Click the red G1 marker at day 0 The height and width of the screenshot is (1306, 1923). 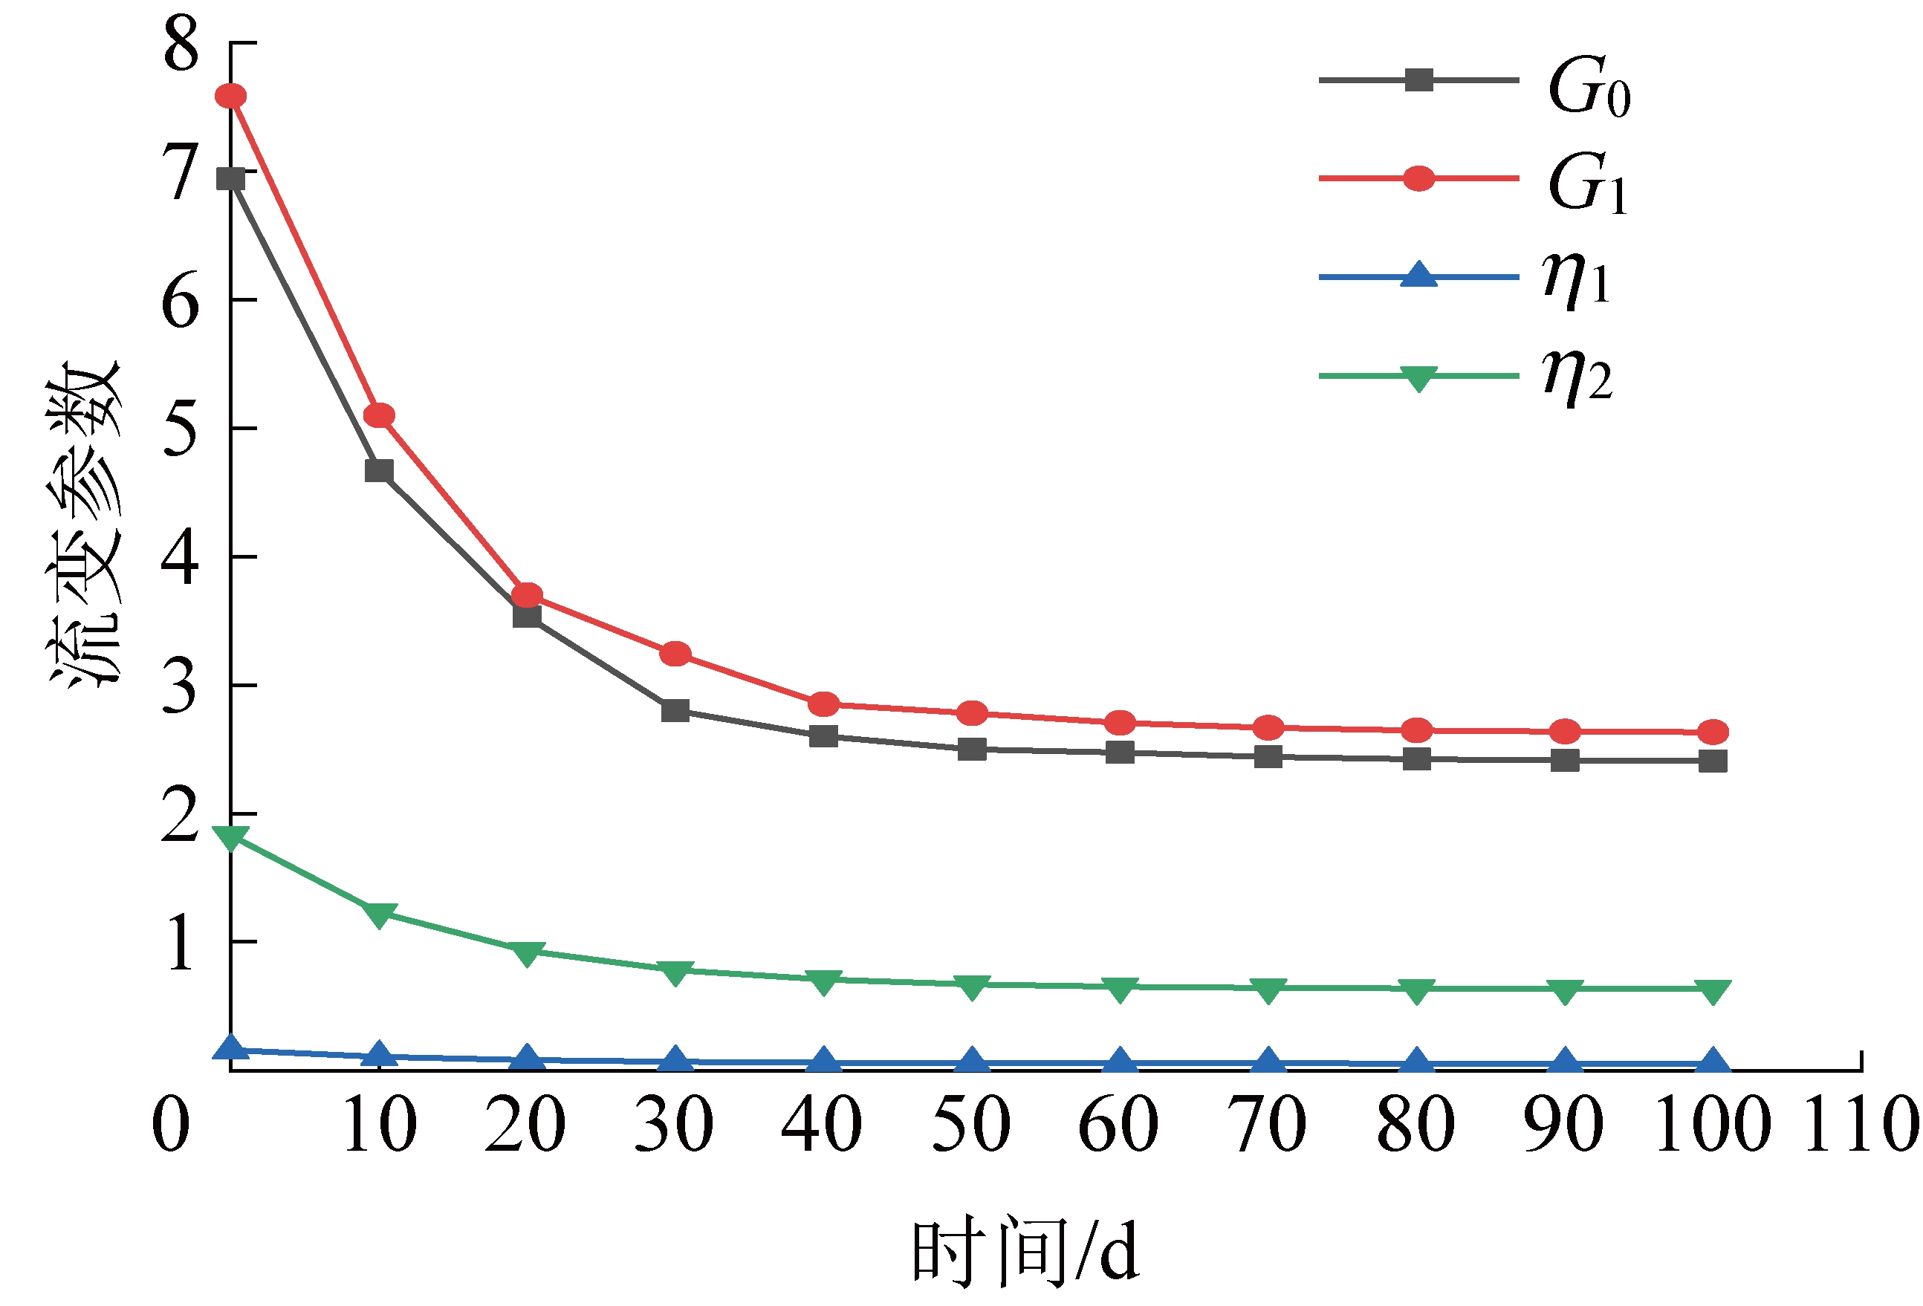(231, 96)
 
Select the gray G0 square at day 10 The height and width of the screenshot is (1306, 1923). (379, 471)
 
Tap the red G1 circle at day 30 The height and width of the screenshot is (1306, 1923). (675, 654)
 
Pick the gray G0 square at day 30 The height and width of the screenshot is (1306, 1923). (675, 709)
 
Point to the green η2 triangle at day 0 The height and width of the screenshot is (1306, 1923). (231, 836)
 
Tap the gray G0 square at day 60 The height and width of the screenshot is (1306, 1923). (1121, 752)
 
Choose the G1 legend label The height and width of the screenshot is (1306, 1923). (1587, 183)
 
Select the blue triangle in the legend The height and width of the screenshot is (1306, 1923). (1418, 275)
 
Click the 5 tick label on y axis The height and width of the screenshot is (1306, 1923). (181, 429)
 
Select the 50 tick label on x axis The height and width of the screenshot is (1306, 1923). (971, 1124)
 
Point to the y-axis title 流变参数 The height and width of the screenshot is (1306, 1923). (85, 521)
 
